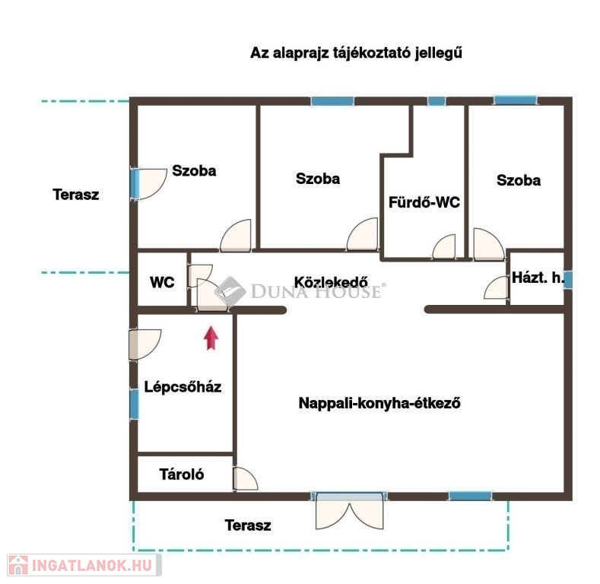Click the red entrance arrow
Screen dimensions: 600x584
[211, 338]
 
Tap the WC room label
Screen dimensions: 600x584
[162, 282]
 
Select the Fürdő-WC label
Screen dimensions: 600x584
[424, 202]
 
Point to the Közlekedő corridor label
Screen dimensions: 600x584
[331, 282]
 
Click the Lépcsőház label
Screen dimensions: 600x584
[183, 387]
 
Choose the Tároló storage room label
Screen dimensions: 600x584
[182, 474]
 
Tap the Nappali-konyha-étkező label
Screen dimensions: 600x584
[379, 403]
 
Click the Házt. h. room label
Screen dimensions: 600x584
[538, 278]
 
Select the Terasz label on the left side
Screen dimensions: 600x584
[76, 195]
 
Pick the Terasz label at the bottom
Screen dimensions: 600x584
[248, 525]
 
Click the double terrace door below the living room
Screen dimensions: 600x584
[349, 511]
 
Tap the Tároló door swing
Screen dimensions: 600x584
[245, 478]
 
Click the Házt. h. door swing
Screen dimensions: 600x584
[497, 287]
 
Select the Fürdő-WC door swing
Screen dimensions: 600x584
[444, 247]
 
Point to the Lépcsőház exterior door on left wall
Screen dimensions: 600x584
[144, 344]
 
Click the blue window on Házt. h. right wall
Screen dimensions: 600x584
[568, 279]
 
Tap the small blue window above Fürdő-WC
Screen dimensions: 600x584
[437, 101]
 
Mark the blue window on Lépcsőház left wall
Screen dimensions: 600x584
[134, 404]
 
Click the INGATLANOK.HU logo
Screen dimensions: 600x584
[84, 565]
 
